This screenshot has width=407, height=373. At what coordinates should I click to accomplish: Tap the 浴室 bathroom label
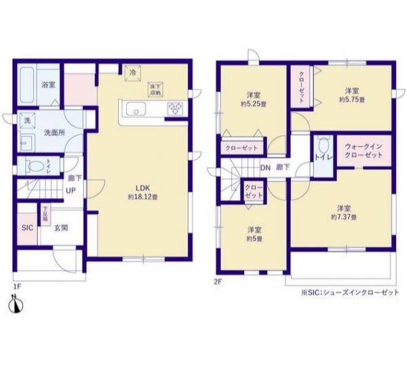(47, 84)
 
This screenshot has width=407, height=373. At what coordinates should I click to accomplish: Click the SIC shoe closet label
(27, 228)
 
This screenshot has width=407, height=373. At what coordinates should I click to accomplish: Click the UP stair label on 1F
(70, 191)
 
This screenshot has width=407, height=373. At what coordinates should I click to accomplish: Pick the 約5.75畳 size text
(351, 100)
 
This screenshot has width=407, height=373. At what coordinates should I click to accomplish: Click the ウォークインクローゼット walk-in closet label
(364, 150)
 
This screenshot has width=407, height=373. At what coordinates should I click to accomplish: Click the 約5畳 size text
(254, 239)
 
